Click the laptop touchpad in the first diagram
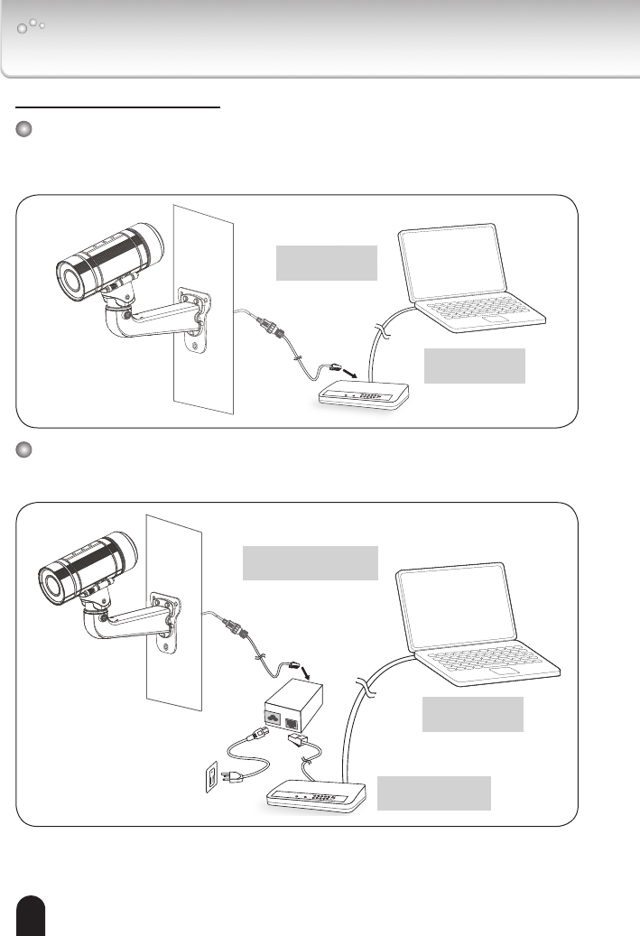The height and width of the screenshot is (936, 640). [496, 320]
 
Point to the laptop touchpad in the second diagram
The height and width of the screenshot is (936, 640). [506, 672]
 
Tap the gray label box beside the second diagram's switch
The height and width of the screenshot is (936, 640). [434, 792]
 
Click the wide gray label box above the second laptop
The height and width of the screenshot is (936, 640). [310, 562]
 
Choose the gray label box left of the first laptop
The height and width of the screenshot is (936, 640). [326, 262]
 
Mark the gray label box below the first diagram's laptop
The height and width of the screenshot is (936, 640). [474, 365]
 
